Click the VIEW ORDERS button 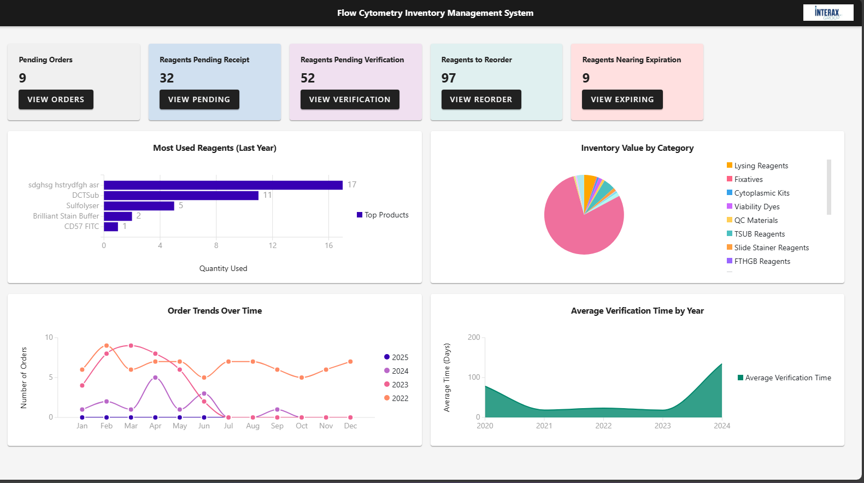[56, 99]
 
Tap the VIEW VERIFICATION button [350, 99]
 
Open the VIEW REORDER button [481, 99]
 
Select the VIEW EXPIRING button [622, 99]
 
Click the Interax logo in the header [827, 13]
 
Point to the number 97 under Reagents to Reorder [449, 78]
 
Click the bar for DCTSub [181, 196]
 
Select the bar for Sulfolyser [139, 206]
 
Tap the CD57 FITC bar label [81, 226]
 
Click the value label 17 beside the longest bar [352, 185]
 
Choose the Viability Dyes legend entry [756, 207]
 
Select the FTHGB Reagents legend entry [762, 261]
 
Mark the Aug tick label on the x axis [252, 426]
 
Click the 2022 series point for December [350, 362]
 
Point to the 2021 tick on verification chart [544, 426]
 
